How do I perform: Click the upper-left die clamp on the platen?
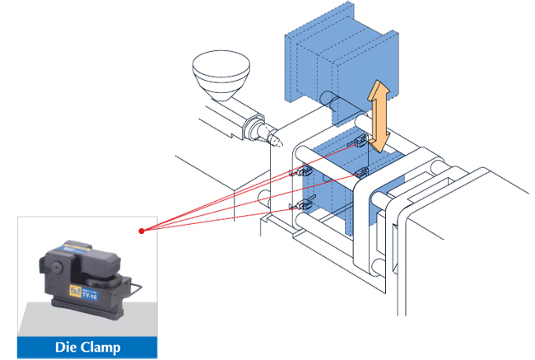tap(303, 171)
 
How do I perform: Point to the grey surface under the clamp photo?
tap(49, 321)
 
